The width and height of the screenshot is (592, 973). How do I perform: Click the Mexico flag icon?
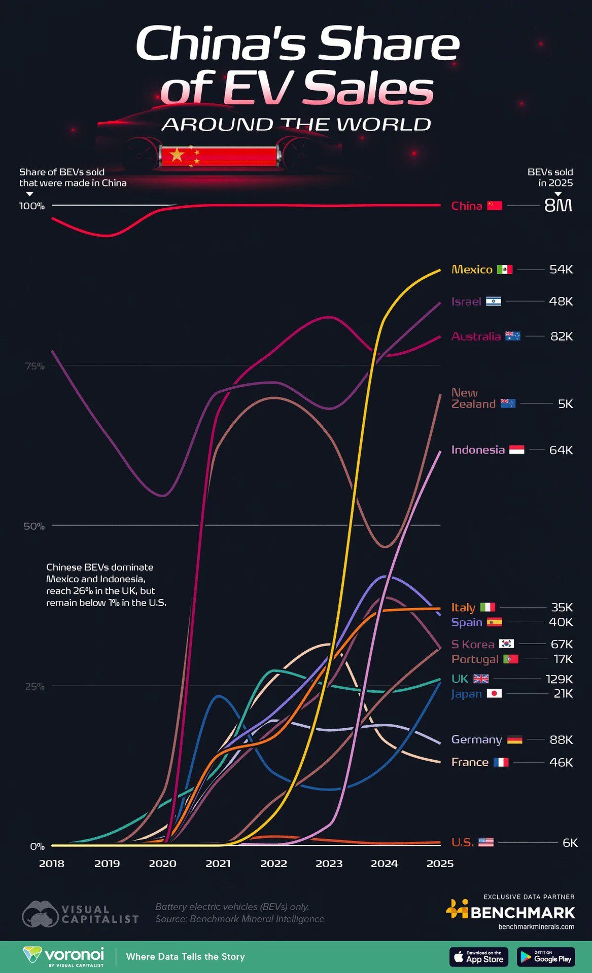[x=504, y=270]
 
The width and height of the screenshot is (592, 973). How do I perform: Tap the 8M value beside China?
[x=558, y=205]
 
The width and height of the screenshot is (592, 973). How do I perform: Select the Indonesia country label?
[x=478, y=450]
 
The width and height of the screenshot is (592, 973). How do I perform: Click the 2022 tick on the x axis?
[x=273, y=864]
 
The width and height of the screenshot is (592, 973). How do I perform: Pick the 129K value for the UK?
[x=559, y=679]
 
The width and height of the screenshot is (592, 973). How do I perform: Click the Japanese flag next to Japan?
[x=494, y=693]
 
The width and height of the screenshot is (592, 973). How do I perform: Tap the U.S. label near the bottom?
[x=462, y=842]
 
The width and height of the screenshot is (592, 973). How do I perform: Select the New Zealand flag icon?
[x=508, y=404]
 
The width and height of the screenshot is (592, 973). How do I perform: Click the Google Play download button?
[x=546, y=957]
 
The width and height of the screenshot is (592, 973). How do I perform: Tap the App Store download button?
[x=478, y=957]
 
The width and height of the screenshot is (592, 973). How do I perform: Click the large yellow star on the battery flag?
[x=177, y=155]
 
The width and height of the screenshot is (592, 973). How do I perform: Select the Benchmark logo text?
[x=523, y=913]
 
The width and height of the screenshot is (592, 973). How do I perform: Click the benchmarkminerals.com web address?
[x=536, y=927]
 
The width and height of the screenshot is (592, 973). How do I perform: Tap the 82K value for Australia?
[x=561, y=336]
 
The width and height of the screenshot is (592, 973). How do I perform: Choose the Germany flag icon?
[x=514, y=740]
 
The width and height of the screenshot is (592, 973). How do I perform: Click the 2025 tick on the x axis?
[x=440, y=864]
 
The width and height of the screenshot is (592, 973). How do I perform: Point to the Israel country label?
[x=466, y=302]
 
